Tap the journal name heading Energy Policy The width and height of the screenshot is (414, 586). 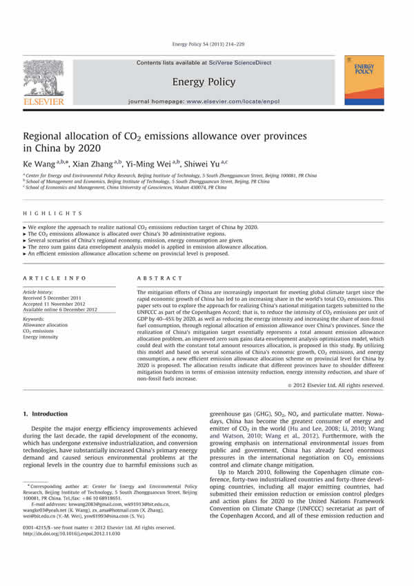click(x=206, y=81)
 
